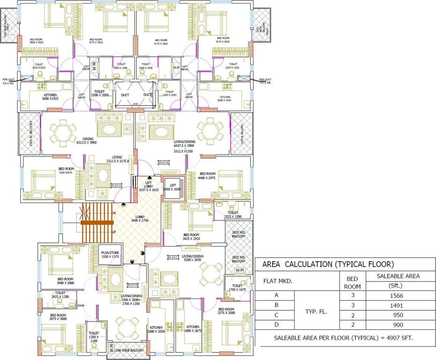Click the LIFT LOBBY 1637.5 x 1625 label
pos(148,187)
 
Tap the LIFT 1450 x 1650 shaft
pos(172,187)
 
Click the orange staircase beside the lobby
pos(97,222)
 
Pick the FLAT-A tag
pos(116,186)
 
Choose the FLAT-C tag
pos(173,257)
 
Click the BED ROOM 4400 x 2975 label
pos(207,176)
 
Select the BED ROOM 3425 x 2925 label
pos(191,237)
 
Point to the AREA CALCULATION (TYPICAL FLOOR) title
pos(328,264)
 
